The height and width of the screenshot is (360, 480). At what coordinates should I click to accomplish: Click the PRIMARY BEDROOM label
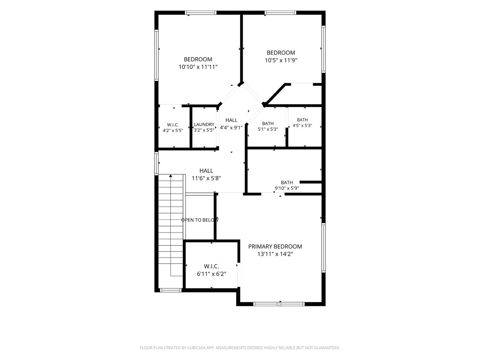pyautogui.click(x=275, y=246)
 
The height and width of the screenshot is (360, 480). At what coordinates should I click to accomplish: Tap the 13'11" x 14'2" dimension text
pyautogui.click(x=275, y=254)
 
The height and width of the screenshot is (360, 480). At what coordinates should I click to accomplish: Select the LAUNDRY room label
pyautogui.click(x=204, y=124)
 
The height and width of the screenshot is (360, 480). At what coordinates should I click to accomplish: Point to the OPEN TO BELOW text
pyautogui.click(x=200, y=220)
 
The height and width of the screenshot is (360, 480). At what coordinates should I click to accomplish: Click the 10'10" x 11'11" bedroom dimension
pyautogui.click(x=198, y=67)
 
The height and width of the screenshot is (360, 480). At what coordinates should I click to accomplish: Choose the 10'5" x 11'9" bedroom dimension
pyautogui.click(x=281, y=60)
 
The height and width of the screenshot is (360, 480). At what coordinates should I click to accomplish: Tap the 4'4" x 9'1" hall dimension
pyautogui.click(x=231, y=127)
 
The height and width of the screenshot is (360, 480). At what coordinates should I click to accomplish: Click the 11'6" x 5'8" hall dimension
pyautogui.click(x=206, y=178)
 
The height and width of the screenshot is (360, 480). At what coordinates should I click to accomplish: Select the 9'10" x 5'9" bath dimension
pyautogui.click(x=287, y=188)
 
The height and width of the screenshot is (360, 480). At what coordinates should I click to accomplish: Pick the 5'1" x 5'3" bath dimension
pyautogui.click(x=268, y=129)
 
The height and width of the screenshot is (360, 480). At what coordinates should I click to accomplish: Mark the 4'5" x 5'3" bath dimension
pyautogui.click(x=302, y=126)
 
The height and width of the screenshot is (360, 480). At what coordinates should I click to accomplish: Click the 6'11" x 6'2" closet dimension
pyautogui.click(x=211, y=274)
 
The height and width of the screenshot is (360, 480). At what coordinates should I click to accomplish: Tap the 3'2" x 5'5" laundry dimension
pyautogui.click(x=204, y=130)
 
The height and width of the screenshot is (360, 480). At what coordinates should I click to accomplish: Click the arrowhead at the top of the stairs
pyautogui.click(x=171, y=175)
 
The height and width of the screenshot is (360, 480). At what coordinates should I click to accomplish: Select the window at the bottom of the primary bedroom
pyautogui.click(x=279, y=304)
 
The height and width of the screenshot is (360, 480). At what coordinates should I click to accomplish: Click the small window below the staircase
pyautogui.click(x=171, y=290)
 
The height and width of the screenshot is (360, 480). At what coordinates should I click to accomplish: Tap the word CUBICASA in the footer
pyautogui.click(x=196, y=348)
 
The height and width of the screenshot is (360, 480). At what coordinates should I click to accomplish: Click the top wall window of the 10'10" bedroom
pyautogui.click(x=201, y=13)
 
